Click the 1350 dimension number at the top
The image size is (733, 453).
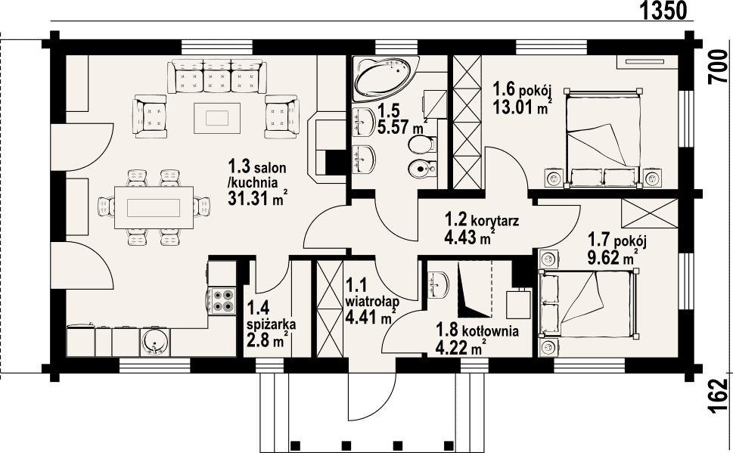(x=663, y=11)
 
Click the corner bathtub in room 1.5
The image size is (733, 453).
(x=386, y=79)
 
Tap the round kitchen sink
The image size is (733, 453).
(x=155, y=342)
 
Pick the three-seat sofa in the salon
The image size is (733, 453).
(x=217, y=76)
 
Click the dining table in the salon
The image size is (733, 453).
(x=154, y=207)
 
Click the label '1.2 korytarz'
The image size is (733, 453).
(x=482, y=220)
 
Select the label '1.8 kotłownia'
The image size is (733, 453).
(x=477, y=331)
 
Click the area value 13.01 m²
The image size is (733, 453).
(x=521, y=107)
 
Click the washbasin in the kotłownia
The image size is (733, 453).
(x=438, y=284)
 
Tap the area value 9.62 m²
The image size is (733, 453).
(x=613, y=256)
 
